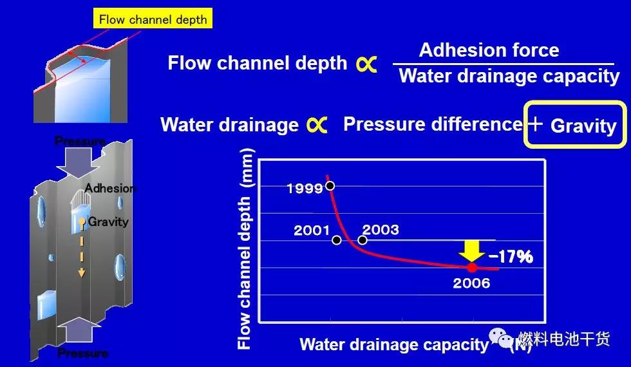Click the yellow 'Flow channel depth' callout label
153,19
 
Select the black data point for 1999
330,186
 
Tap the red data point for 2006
471,267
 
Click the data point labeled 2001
336,240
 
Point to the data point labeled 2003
363,240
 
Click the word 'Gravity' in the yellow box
583,126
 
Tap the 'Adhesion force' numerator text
489,50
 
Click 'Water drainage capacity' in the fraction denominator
509,76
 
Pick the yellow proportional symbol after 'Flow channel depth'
366,64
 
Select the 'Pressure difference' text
433,124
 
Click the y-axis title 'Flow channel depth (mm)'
245,249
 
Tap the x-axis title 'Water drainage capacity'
393,344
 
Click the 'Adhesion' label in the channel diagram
110,188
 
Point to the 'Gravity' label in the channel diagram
108,221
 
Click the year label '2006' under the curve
471,283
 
